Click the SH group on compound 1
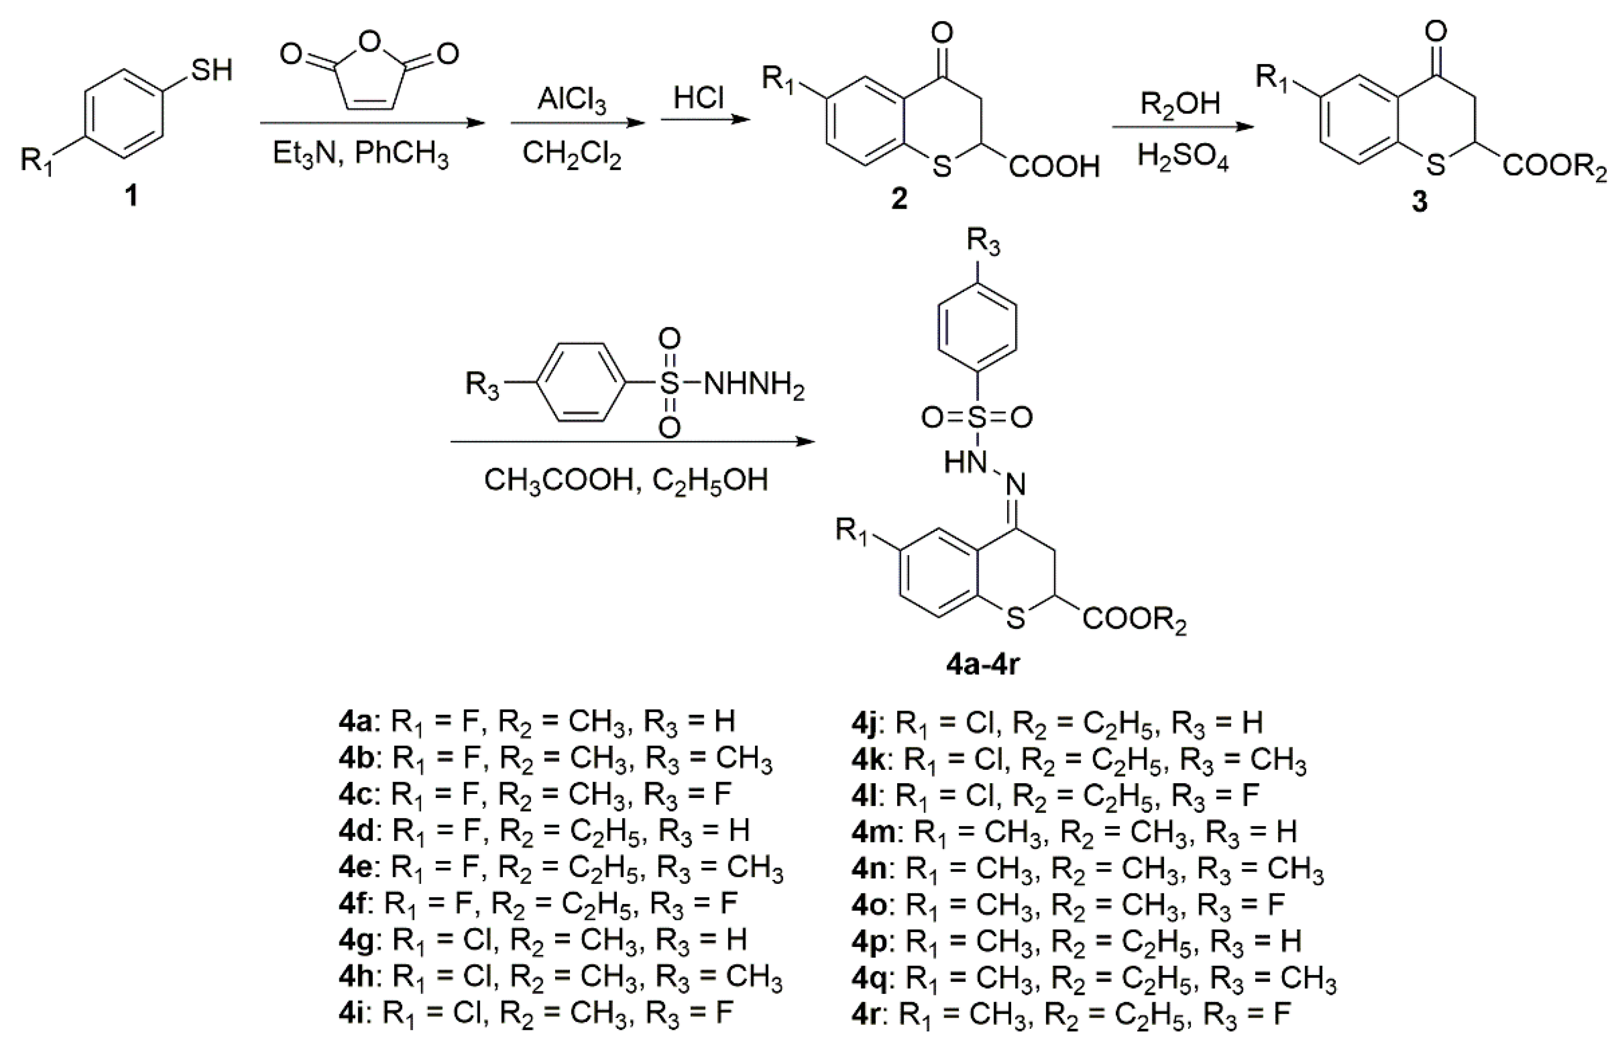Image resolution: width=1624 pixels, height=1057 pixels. click(x=212, y=70)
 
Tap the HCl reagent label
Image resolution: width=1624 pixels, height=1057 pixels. click(x=698, y=98)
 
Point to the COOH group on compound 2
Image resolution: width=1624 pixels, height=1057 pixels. click(x=1054, y=166)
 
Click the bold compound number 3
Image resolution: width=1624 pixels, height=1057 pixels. click(x=1419, y=201)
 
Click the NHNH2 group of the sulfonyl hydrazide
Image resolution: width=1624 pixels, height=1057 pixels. click(x=754, y=385)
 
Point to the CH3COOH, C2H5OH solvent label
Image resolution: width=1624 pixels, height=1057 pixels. click(x=626, y=481)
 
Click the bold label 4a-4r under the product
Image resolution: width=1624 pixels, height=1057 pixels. click(x=982, y=664)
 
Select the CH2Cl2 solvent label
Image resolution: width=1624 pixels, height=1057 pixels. click(x=572, y=154)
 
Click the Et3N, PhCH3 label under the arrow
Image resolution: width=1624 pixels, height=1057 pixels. click(x=360, y=154)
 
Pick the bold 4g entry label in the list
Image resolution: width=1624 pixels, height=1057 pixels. click(x=355, y=941)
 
